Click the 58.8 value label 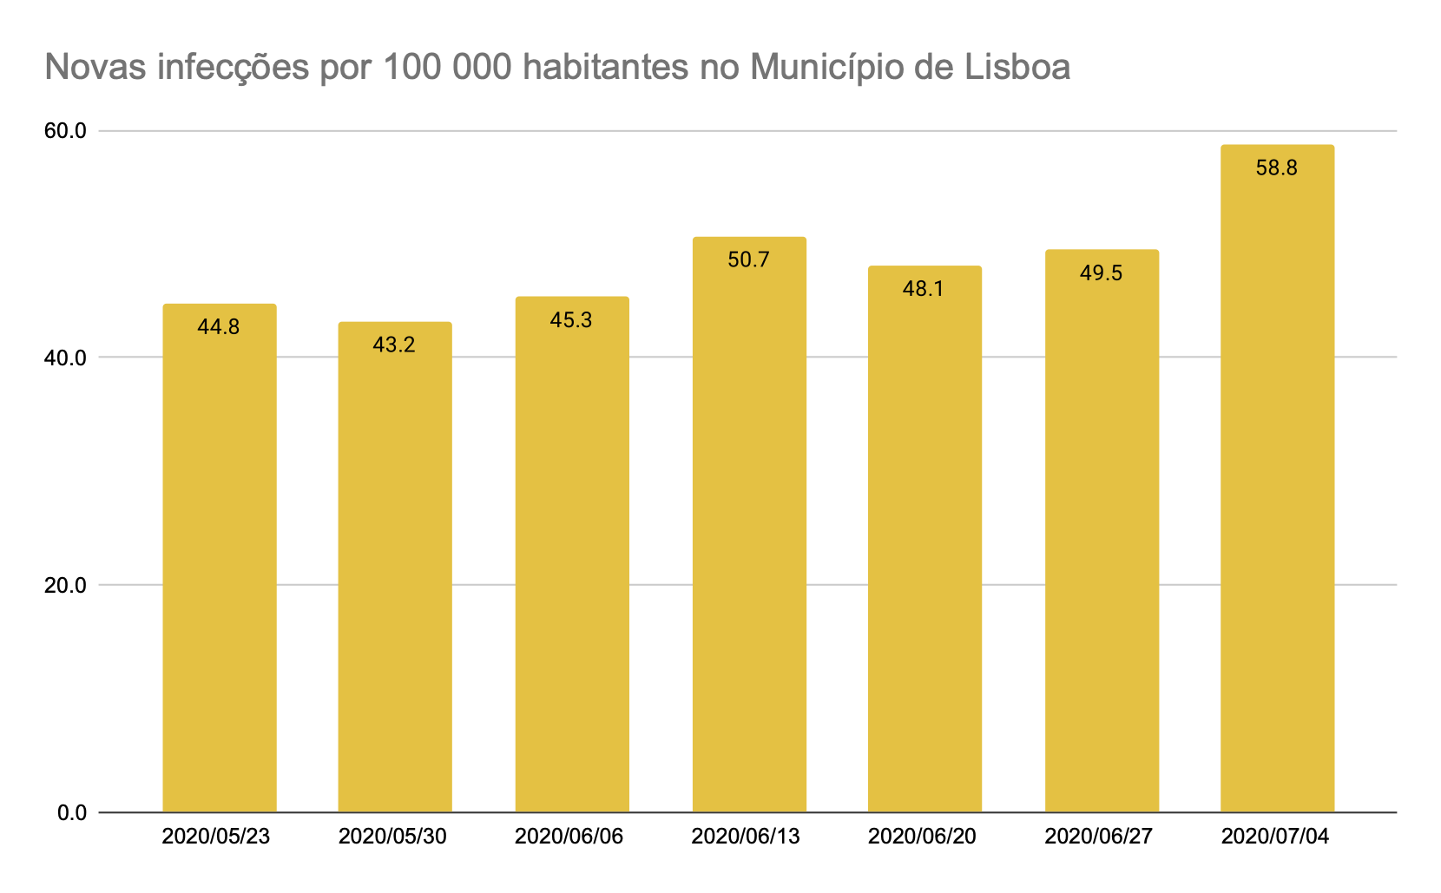pos(1276,168)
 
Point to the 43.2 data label pos(395,345)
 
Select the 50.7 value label pos(748,260)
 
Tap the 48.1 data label pos(924,289)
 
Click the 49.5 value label pos(1101,273)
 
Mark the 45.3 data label pos(571,320)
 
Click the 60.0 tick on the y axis pos(66,131)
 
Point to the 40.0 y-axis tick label pos(66,358)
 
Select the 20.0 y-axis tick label pos(66,585)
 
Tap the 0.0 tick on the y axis pos(71,813)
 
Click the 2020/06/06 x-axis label pos(569,837)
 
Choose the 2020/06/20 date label pos(922,837)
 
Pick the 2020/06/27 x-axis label pos(1099,837)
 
